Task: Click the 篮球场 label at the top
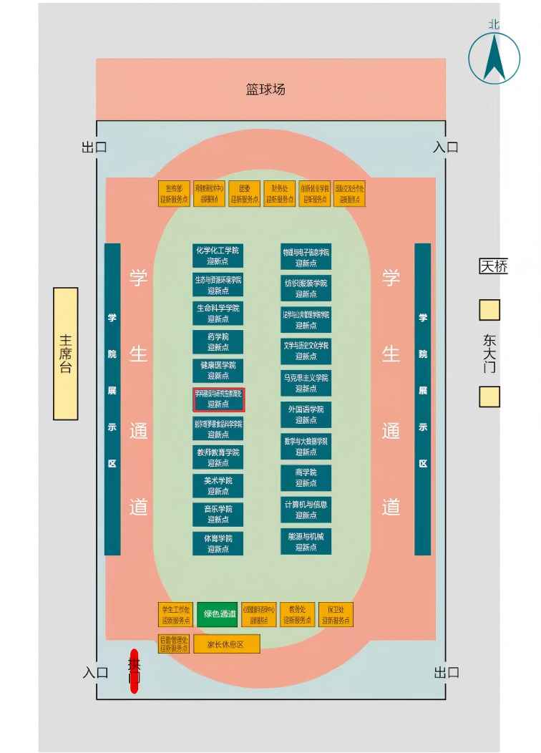click(x=265, y=89)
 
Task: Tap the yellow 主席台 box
click(x=66, y=354)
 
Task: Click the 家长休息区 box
click(x=226, y=644)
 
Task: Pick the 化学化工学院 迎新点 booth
click(x=218, y=256)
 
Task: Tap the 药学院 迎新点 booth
click(x=218, y=342)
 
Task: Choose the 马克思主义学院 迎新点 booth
click(x=306, y=383)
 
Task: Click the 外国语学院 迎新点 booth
click(x=306, y=414)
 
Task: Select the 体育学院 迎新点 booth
click(x=218, y=543)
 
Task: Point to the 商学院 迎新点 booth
click(x=306, y=477)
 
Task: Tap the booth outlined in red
click(x=219, y=399)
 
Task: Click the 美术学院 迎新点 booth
click(x=218, y=486)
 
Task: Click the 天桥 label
click(x=493, y=267)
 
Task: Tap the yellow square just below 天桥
click(x=489, y=310)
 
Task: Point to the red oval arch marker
click(x=134, y=671)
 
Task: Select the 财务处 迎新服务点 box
click(x=279, y=194)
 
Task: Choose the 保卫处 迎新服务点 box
click(x=335, y=614)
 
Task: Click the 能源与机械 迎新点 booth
click(x=306, y=542)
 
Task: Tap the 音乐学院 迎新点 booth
click(x=218, y=515)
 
